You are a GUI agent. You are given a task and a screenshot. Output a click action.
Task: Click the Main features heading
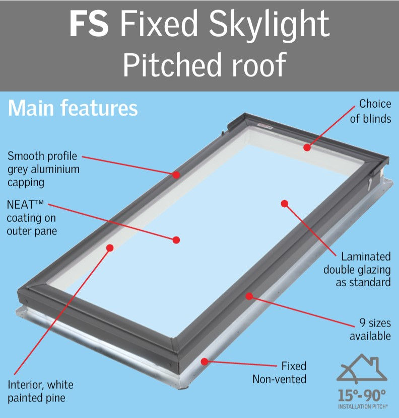coord(73,108)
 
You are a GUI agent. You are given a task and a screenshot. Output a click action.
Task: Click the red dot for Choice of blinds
coord(307,147)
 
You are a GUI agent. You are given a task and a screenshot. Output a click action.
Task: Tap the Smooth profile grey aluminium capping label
coord(43,169)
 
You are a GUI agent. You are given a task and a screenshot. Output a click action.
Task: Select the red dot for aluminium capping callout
coord(176,175)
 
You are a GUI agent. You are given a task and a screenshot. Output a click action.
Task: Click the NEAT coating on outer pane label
coord(32,218)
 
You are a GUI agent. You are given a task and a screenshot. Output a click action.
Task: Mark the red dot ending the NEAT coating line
coord(176,240)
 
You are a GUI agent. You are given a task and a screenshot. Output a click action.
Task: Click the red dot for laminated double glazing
coord(284,204)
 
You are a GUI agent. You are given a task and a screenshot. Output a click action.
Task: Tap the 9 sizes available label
coord(370,329)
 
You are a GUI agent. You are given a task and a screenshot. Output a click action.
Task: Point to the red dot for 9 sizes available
coord(248,296)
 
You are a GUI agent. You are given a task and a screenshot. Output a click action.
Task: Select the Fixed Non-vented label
coord(279,372)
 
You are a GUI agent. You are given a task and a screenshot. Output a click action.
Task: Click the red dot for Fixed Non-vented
coord(204,361)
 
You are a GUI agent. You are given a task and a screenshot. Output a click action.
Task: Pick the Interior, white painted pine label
coord(40,391)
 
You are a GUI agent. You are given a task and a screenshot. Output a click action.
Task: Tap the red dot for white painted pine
coord(110,247)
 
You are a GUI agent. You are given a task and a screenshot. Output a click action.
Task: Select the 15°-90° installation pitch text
coord(362,394)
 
